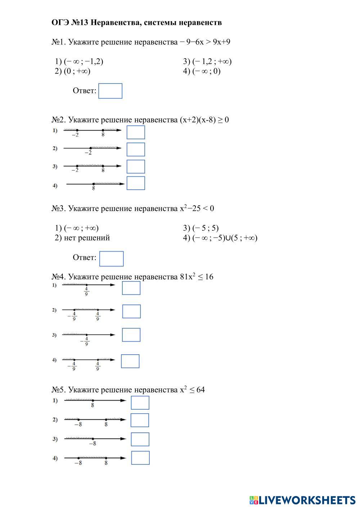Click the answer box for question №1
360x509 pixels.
point(110,91)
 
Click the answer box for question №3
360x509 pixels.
point(111,259)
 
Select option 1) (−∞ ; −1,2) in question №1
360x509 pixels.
point(79,61)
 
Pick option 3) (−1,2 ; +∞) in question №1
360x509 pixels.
point(207,61)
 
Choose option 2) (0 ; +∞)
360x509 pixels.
point(73,71)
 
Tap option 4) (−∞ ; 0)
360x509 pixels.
point(202,71)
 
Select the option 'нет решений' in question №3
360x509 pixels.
point(82,238)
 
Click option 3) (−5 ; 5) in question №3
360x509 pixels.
point(201,228)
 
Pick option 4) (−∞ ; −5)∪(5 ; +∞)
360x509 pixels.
point(220,238)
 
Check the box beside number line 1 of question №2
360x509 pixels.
point(136,132)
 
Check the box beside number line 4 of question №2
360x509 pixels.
point(136,183)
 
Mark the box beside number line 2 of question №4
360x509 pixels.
point(131,311)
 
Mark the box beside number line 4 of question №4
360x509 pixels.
point(130,361)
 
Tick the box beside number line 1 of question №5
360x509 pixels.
point(140,402)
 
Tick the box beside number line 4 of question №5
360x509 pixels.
point(140,458)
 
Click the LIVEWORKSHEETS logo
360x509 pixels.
point(302,500)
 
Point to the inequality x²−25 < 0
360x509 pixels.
point(197,208)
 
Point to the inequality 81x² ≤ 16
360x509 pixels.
point(197,277)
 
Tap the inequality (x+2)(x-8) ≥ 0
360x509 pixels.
point(204,120)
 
